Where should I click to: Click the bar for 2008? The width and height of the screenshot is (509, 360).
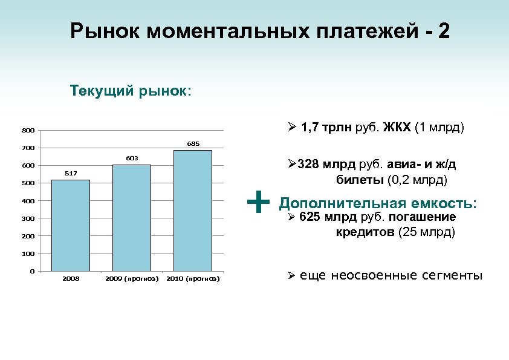(71, 225)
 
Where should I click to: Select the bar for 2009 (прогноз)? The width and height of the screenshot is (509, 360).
(132, 218)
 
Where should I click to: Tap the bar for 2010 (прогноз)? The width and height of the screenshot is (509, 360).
(192, 211)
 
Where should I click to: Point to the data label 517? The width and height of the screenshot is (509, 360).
(71, 174)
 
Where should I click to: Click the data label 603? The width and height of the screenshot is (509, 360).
(132, 159)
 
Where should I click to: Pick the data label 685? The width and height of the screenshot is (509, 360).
(193, 144)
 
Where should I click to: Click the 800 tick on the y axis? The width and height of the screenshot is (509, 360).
(28, 130)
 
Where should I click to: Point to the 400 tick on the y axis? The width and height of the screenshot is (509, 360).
(28, 201)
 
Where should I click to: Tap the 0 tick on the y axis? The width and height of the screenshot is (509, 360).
(31, 271)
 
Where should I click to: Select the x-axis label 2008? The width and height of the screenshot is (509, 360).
(71, 279)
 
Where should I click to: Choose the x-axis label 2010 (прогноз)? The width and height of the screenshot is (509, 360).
(193, 279)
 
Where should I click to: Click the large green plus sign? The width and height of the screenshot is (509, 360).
(258, 201)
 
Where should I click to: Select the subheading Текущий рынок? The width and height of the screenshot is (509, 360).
(131, 91)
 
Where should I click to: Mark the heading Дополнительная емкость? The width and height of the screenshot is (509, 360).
(378, 203)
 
